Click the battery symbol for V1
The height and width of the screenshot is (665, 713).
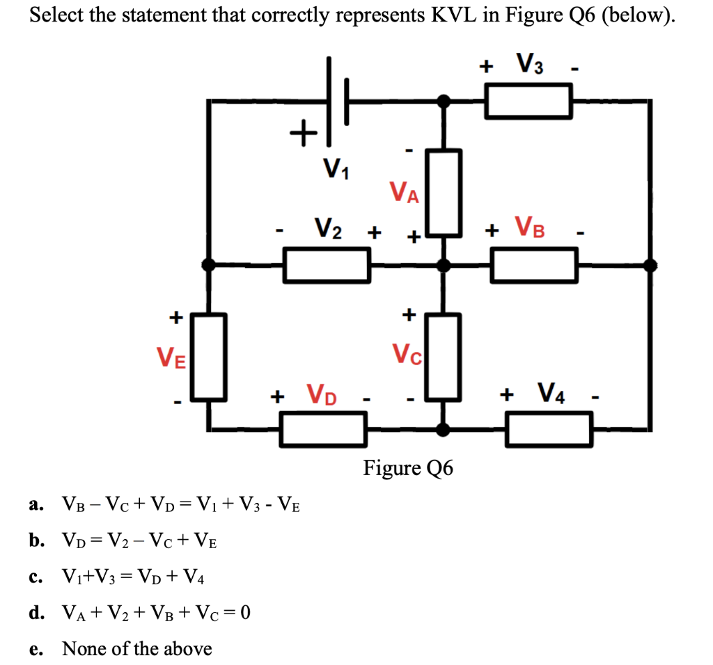pyautogui.click(x=337, y=102)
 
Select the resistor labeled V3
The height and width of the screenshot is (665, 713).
pyautogui.click(x=528, y=102)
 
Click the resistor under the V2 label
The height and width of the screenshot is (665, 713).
pyautogui.click(x=327, y=265)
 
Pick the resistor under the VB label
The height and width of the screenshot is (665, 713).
pyautogui.click(x=534, y=265)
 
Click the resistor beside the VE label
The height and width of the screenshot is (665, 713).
pyautogui.click(x=209, y=356)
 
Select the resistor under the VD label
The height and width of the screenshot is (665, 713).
pyautogui.click(x=323, y=428)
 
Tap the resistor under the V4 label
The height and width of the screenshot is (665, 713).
pyautogui.click(x=549, y=428)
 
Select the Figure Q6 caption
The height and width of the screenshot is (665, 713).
pyautogui.click(x=408, y=468)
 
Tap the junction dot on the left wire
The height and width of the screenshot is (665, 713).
pyautogui.click(x=208, y=264)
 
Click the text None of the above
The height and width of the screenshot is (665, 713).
pyautogui.click(x=137, y=648)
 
